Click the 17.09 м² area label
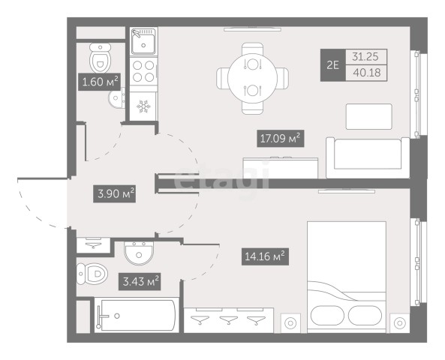pos(281,139)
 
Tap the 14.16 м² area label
pos(265,256)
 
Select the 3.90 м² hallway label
pos(114,193)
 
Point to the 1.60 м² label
pos(99,82)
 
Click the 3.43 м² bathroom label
pos(140,282)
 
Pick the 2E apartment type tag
pos(333,65)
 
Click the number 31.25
pos(365,57)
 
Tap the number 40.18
pos(367,73)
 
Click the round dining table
pos(252,78)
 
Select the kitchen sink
pos(143,41)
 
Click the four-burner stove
pos(143,71)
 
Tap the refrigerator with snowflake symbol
pos(143,106)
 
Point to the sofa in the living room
pos(368,157)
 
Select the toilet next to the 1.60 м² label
pos(101,58)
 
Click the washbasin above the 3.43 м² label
pos(139,253)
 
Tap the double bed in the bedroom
pos(347,277)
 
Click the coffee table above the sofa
pos(369,116)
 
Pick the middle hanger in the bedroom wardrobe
pos(229,319)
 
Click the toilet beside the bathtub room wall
pos(92,274)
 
